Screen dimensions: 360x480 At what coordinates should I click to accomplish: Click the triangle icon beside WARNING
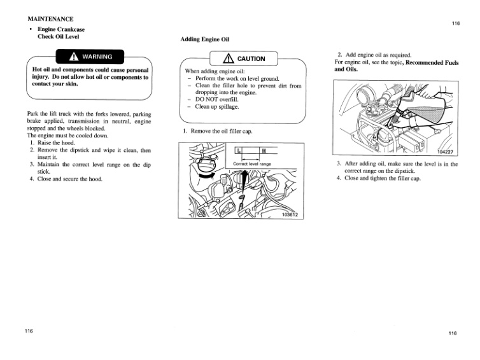click(75, 55)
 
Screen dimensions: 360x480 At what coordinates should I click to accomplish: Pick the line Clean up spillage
click(217, 106)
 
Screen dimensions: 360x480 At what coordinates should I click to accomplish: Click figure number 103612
click(290, 214)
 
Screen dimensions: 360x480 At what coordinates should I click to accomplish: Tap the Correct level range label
click(252, 163)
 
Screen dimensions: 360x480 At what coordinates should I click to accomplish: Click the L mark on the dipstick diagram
click(238, 151)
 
